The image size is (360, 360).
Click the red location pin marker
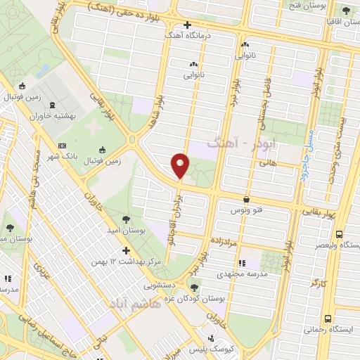(x=181, y=166)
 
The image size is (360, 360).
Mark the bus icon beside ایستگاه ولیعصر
(x=340, y=234)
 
